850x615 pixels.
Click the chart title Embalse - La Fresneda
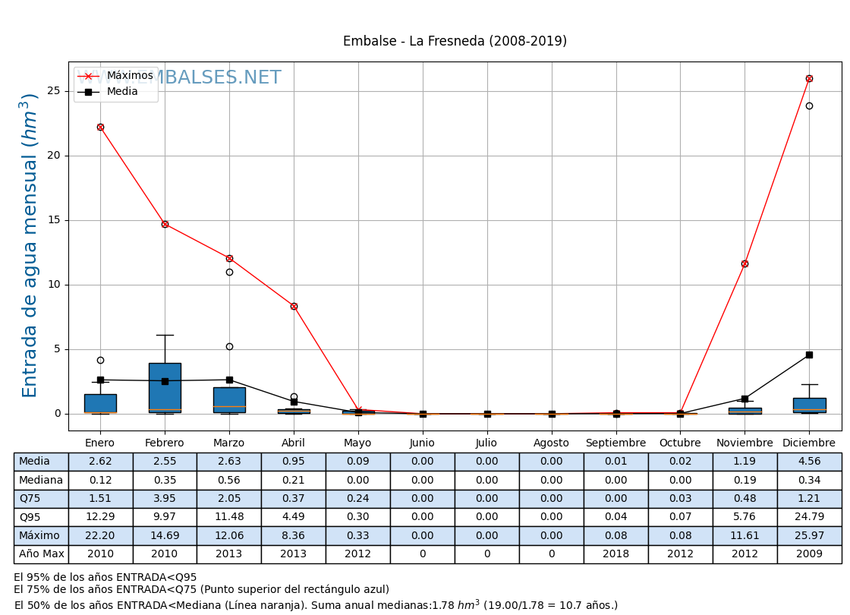455,41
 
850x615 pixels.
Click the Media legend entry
122,92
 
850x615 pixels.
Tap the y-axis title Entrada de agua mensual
30,244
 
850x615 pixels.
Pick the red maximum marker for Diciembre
809,78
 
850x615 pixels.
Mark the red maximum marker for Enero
100,127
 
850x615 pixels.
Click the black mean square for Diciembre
809,355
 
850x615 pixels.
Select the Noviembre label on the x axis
745,443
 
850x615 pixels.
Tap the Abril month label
294,443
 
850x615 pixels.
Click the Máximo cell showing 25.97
809,535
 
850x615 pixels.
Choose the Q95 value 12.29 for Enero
100,517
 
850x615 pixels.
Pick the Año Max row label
41,554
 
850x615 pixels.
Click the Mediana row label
41,480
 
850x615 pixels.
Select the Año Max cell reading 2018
615,554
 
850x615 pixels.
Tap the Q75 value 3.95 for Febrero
165,499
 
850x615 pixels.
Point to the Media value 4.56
809,462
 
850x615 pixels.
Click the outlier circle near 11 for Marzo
229,272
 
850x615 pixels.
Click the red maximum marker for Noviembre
745,263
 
